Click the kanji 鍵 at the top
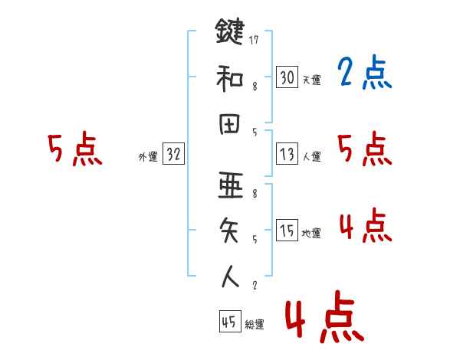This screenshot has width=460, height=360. coord(230,33)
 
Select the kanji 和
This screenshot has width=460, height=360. coord(230,77)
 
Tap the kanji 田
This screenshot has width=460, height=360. coord(230,123)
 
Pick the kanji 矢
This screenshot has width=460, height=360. coord(230,231)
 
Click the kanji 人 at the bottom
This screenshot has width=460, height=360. coord(230,275)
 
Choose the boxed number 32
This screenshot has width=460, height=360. coord(173,154)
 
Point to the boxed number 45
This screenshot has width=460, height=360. coord(229,322)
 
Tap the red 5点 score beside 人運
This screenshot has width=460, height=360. coord(364,149)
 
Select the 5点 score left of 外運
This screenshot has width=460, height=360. coord(74,149)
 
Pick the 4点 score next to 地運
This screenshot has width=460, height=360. coord(364,226)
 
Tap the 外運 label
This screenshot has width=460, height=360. coord(147,157)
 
